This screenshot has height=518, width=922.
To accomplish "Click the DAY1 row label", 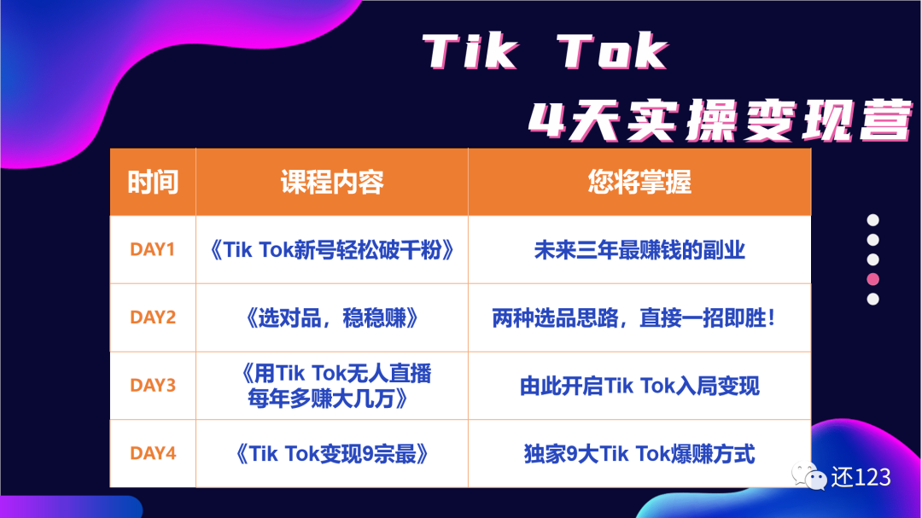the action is tap(152, 249).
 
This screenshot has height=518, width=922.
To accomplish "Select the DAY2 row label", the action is tap(153, 317).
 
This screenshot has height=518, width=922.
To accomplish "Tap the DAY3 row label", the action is tap(153, 385).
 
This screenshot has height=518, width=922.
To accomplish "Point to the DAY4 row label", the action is tap(153, 453).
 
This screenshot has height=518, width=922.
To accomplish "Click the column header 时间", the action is tap(153, 182).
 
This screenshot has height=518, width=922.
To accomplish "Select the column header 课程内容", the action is tap(332, 182).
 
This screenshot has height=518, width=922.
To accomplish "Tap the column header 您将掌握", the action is tap(639, 182).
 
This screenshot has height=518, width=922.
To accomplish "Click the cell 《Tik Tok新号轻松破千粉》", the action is tap(332, 250).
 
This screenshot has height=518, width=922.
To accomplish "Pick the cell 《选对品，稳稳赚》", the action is tap(332, 318).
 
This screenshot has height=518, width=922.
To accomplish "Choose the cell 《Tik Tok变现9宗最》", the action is tap(332, 454).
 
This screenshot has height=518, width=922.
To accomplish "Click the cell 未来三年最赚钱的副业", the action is tap(639, 250).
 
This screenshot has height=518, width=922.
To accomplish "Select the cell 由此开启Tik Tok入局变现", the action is tap(639, 387).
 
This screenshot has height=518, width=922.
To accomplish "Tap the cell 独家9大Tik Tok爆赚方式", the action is tap(639, 454).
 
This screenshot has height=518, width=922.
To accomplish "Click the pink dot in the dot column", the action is tap(873, 279).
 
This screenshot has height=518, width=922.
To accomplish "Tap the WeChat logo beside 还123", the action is tap(809, 476).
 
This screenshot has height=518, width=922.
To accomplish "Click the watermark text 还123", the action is tap(861, 477).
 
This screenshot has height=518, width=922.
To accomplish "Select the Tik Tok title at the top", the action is tap(546, 52).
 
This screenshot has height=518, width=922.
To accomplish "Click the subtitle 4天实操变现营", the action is tap(721, 121).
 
